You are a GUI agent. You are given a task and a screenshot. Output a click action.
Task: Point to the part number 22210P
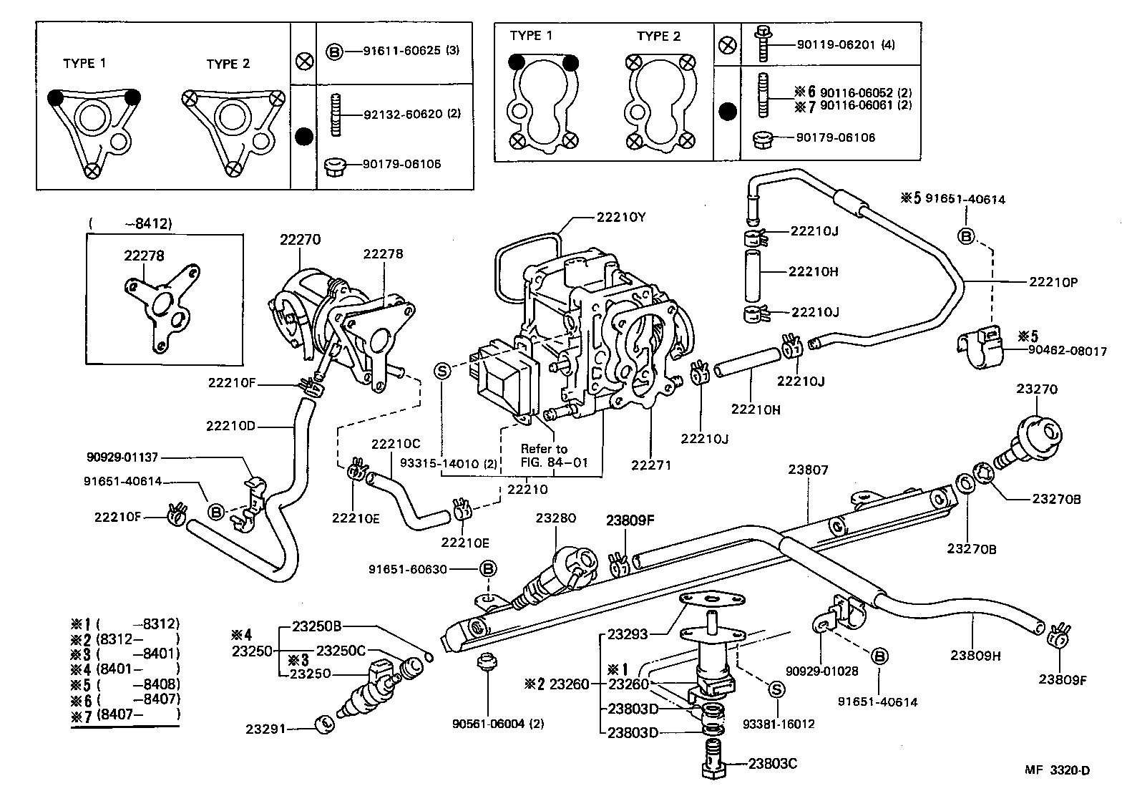tap(1053, 282)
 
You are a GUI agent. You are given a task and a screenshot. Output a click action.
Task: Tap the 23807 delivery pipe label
tap(808, 470)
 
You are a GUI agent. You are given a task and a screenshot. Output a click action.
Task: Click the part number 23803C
tap(773, 763)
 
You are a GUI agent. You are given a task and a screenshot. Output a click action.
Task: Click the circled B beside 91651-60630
tap(487, 569)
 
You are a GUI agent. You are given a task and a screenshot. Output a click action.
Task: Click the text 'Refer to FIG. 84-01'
tap(554, 456)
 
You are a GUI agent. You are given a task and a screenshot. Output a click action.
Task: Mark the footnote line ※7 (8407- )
tap(125, 714)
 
